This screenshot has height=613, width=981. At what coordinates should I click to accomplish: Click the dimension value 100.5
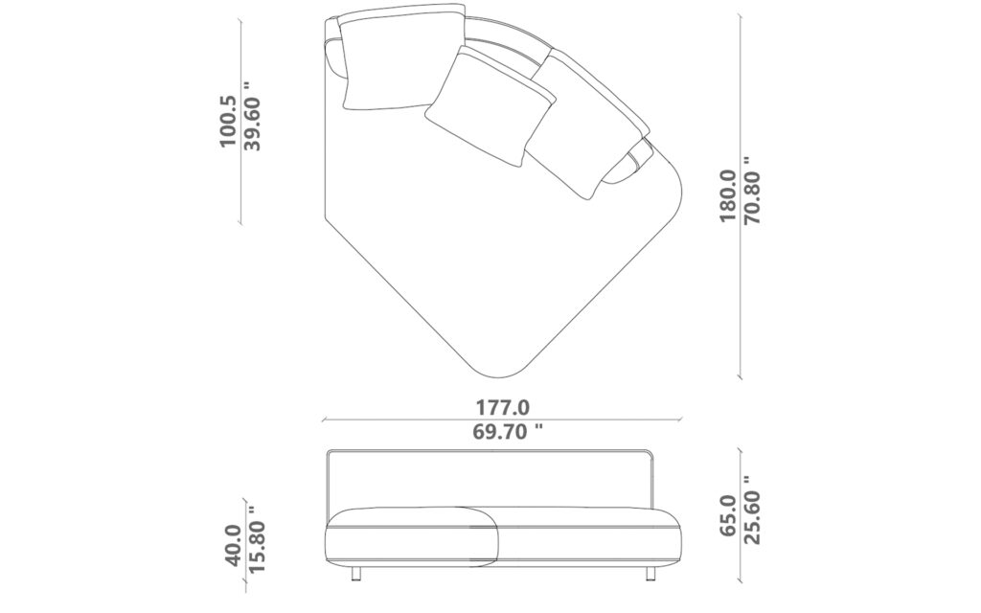tap(227, 121)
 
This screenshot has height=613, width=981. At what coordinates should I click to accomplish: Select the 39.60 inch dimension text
tap(252, 116)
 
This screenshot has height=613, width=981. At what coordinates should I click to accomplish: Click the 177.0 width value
tap(503, 408)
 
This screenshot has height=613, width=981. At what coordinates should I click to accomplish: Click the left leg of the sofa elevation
tap(356, 573)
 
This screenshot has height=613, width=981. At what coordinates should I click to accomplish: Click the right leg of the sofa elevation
tap(650, 573)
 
